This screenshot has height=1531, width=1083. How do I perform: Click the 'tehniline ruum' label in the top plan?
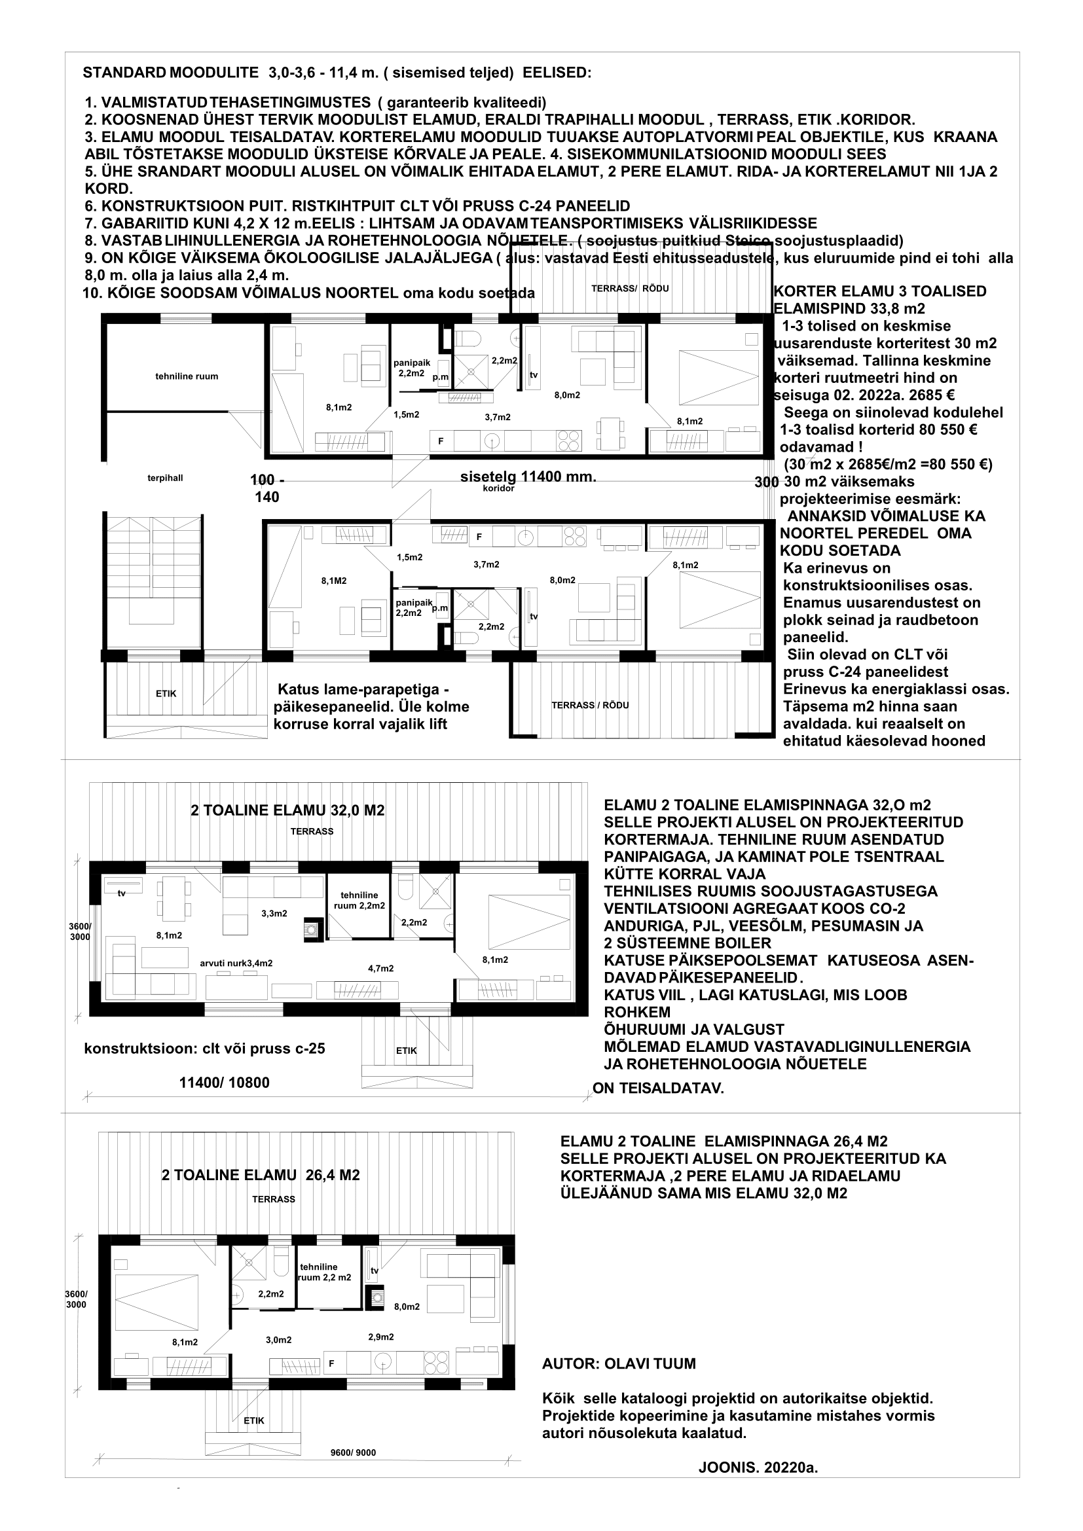click(x=187, y=376)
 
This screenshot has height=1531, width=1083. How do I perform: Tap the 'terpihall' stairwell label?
click(x=165, y=478)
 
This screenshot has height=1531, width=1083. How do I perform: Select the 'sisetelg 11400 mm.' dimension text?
click(x=528, y=477)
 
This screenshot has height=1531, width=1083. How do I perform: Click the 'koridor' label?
click(x=498, y=488)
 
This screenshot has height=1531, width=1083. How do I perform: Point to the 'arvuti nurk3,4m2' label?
click(x=236, y=963)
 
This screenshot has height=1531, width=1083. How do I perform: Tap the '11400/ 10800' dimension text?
click(x=225, y=1082)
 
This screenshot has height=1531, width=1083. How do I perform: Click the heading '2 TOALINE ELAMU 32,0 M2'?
click(x=287, y=810)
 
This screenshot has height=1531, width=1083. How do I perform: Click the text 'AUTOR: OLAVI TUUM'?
click(x=619, y=1363)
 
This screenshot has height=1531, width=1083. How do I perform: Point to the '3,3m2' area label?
click(x=274, y=914)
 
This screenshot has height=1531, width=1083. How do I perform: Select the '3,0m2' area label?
click(x=279, y=1340)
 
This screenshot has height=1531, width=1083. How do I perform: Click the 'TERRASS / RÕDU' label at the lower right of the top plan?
click(x=589, y=705)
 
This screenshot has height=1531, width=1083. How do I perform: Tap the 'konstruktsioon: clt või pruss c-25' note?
click(x=205, y=1048)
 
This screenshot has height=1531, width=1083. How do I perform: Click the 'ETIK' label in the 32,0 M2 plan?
click(x=406, y=1050)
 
